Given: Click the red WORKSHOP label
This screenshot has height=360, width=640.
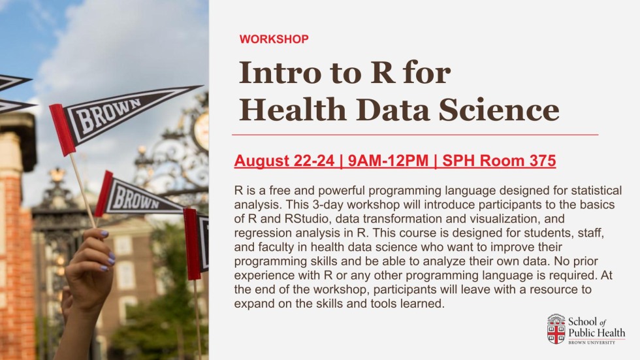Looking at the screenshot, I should tap(274, 39).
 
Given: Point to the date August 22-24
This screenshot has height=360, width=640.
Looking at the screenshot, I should tap(285, 161).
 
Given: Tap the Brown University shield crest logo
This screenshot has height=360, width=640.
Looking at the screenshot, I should tap(556, 329).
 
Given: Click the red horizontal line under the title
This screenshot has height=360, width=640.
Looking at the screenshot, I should tap(415, 134).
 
